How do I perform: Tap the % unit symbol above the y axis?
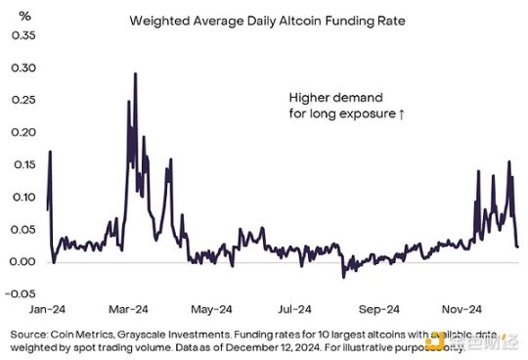coord(13,15)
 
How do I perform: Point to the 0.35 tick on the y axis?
coord(20,35)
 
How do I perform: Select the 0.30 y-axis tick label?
coord(20,67)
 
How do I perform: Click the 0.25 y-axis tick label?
coord(20,100)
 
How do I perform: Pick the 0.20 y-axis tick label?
coord(20,132)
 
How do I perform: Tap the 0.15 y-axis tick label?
coord(20,164)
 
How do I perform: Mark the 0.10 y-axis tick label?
coord(20,197)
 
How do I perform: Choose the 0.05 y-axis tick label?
coord(20,229)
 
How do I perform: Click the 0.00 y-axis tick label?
coord(20,261)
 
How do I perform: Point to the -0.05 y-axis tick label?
coord(18,293)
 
